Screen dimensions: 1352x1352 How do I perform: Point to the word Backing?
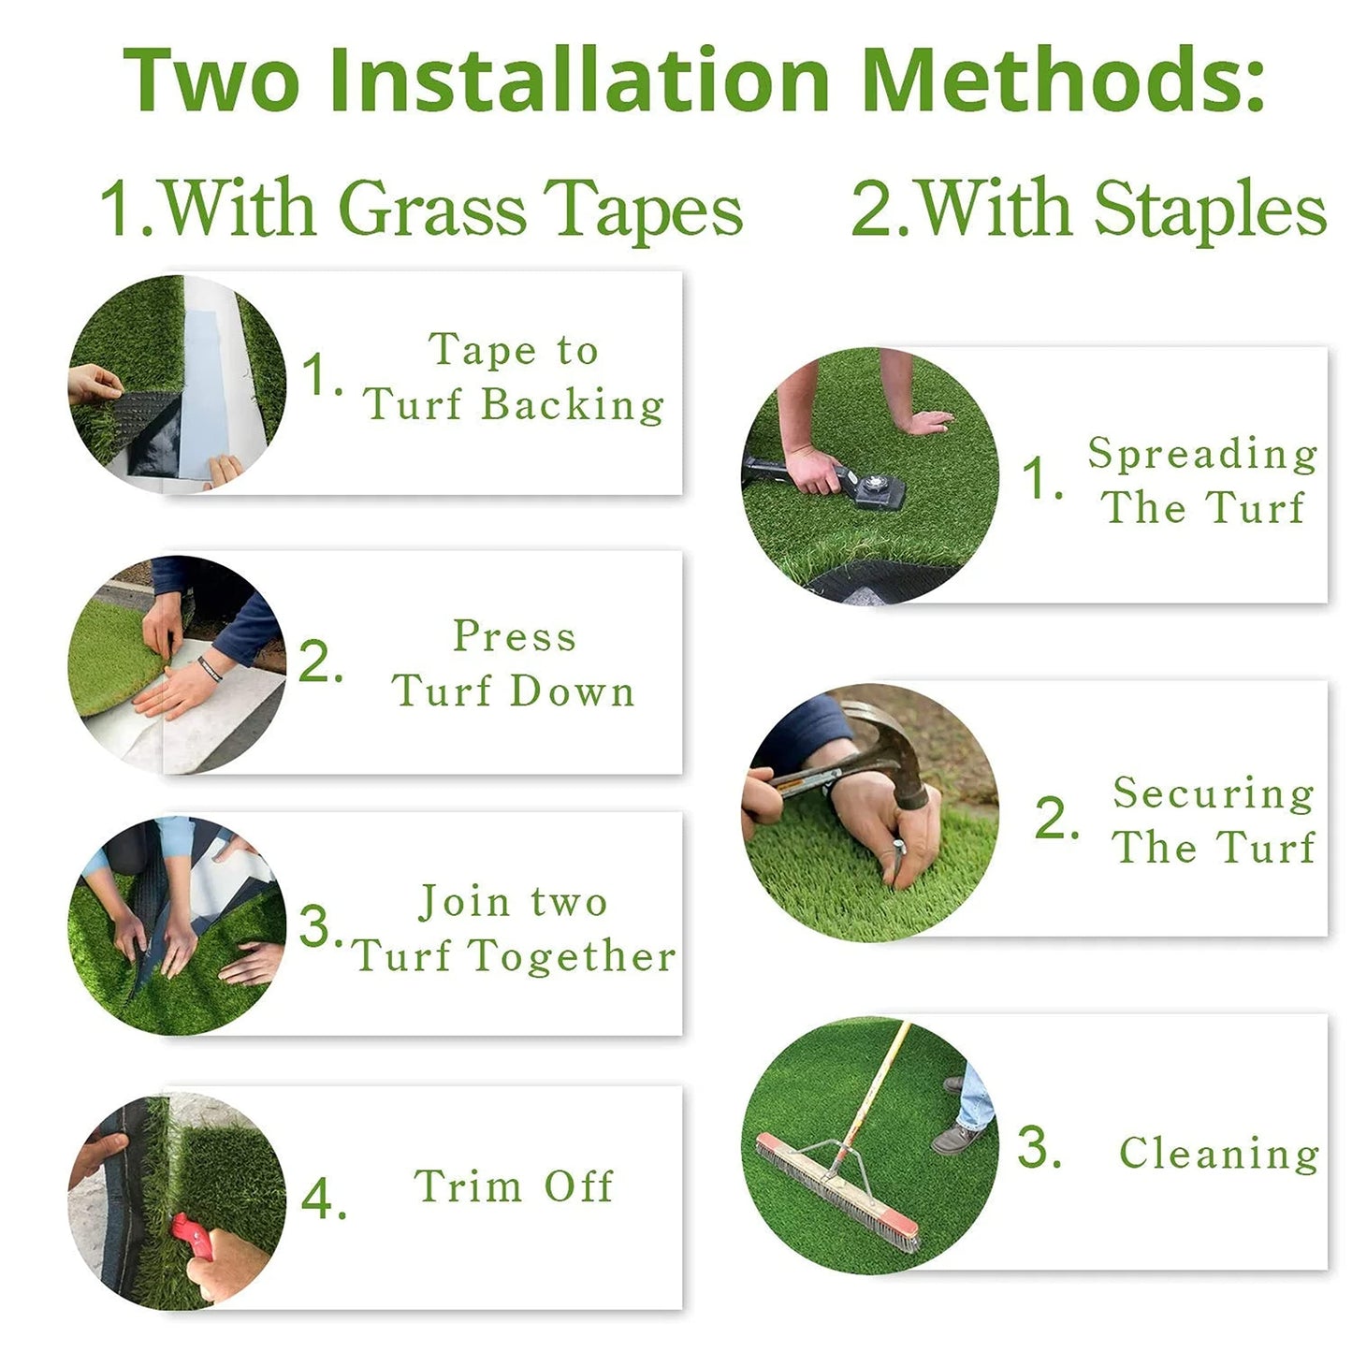[x=573, y=405]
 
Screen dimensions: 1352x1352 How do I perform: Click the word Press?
[x=515, y=636]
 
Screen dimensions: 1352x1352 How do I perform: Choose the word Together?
[x=572, y=956]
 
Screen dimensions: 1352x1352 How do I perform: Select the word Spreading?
[x=1203, y=454]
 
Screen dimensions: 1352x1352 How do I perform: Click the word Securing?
[x=1214, y=793]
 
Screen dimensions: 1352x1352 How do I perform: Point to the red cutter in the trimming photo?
[x=192, y=1236]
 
